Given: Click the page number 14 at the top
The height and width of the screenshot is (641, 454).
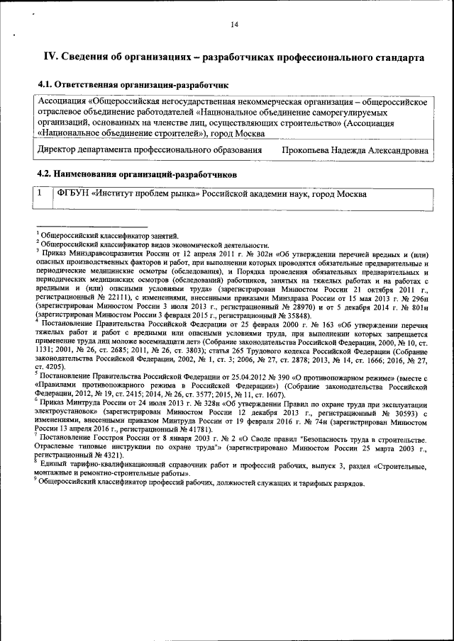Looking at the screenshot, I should click(234, 25).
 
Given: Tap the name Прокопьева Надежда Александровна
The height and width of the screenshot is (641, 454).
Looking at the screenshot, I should click(355, 151).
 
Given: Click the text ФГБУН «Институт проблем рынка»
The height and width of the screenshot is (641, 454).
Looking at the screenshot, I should click(128, 193).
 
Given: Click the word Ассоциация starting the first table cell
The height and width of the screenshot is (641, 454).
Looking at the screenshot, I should click(62, 101).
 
